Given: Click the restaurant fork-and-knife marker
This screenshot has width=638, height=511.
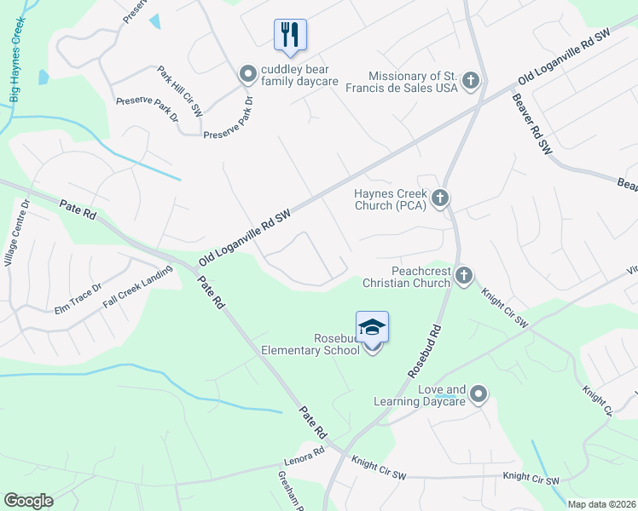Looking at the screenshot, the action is coord(290,35).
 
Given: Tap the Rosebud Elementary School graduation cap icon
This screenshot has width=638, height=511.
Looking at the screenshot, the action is coord(372,328).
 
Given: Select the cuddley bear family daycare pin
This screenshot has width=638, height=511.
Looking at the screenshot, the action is coord(248,75).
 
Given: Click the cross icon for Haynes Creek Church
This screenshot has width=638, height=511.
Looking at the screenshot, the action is coord(439,199).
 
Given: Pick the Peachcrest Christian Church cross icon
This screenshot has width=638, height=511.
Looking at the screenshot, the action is coord(463,275).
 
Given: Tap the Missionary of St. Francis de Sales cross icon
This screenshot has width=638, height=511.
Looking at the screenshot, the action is coord(470,82).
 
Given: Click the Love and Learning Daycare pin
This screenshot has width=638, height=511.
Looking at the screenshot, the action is coord(478,393).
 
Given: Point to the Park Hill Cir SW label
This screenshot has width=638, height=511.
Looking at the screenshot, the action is coord(180,91).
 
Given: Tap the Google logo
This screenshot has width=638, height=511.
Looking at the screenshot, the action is coord(28,501).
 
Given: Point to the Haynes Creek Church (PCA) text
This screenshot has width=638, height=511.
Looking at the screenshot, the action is coord(390,199).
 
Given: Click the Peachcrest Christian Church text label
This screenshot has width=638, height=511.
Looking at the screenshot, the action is coord(407,276).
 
